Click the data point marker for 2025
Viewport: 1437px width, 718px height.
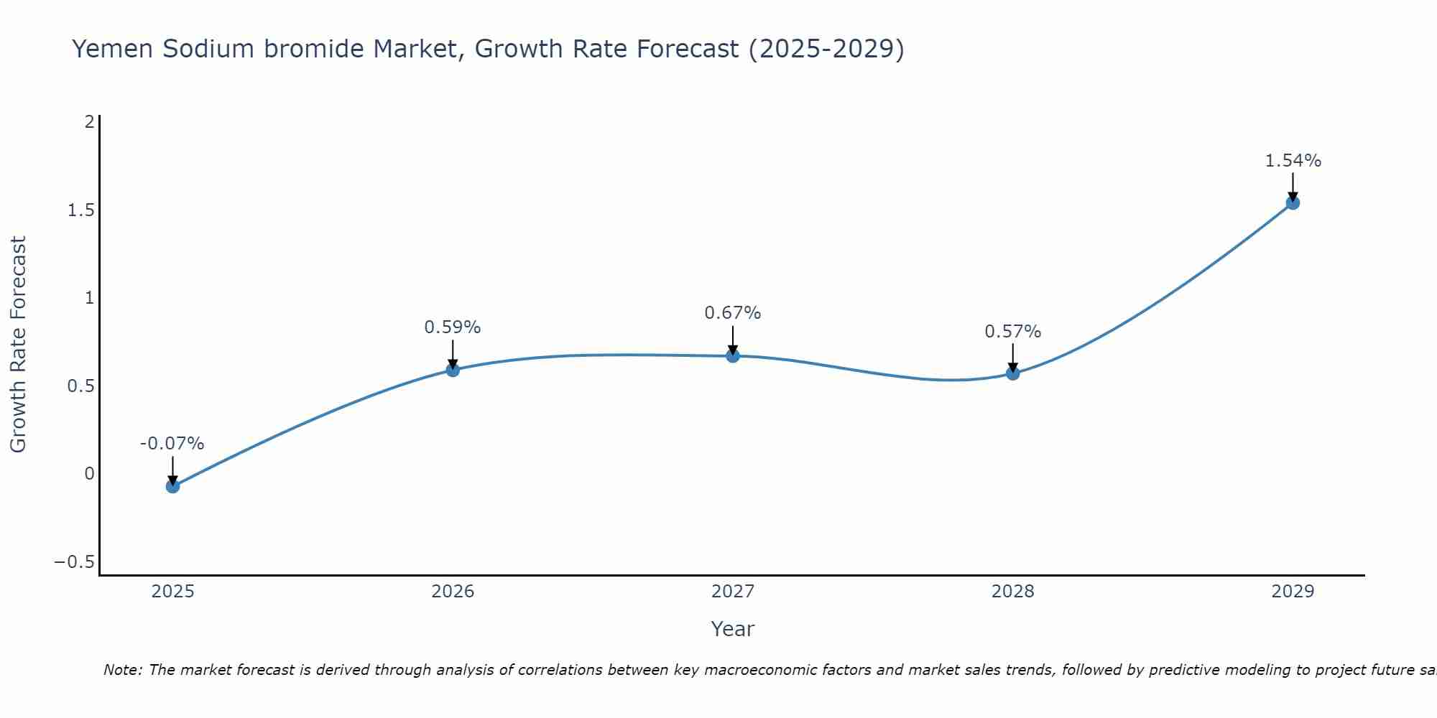tap(172, 486)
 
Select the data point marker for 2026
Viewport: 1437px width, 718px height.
tap(453, 370)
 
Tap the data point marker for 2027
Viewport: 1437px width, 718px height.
tap(733, 355)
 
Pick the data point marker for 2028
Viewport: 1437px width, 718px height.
tap(1012, 373)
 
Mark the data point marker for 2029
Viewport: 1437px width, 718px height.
tap(1293, 202)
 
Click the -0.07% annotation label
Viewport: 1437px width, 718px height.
tap(172, 444)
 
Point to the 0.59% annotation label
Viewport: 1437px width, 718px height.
tap(453, 327)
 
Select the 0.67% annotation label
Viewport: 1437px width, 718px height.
tap(733, 313)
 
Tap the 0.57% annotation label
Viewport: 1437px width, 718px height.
tap(1012, 332)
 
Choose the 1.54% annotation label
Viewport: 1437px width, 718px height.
tap(1293, 161)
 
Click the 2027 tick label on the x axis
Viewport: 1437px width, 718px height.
tap(733, 592)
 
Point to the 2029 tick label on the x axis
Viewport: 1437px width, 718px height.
tap(1293, 592)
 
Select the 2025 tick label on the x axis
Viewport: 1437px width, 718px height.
tap(172, 592)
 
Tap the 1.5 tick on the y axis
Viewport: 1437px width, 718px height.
tap(81, 210)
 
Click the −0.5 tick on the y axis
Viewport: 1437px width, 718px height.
tap(75, 561)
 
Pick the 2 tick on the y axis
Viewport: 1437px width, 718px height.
tap(90, 122)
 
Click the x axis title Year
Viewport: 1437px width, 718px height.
tap(733, 629)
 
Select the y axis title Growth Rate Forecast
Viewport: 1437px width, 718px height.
tap(18, 344)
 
